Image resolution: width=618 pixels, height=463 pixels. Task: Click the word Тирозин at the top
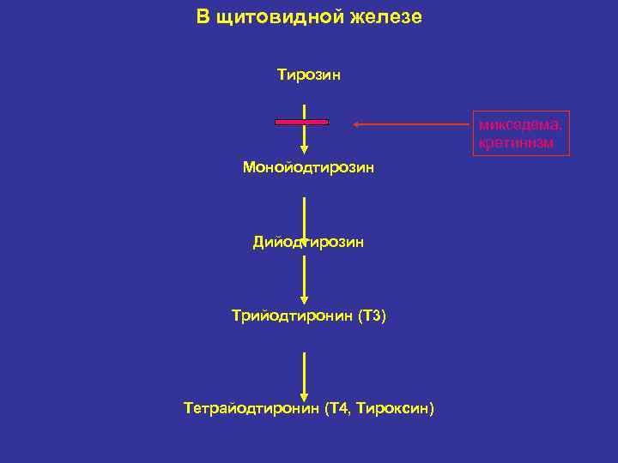(308, 75)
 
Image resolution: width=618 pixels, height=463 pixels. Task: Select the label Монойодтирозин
(308, 167)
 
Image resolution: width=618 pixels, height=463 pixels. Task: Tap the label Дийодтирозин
(308, 242)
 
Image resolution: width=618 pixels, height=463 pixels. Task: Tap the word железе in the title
(385, 17)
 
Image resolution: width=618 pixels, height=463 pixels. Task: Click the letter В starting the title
(202, 17)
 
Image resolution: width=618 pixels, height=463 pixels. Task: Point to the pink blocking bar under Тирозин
(301, 123)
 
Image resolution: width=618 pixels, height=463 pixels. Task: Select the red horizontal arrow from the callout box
(416, 124)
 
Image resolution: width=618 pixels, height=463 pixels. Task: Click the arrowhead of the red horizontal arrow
(357, 124)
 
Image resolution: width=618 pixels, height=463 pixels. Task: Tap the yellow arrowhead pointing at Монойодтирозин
(304, 149)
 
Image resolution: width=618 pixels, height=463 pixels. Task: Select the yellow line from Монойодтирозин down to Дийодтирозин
(304, 214)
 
